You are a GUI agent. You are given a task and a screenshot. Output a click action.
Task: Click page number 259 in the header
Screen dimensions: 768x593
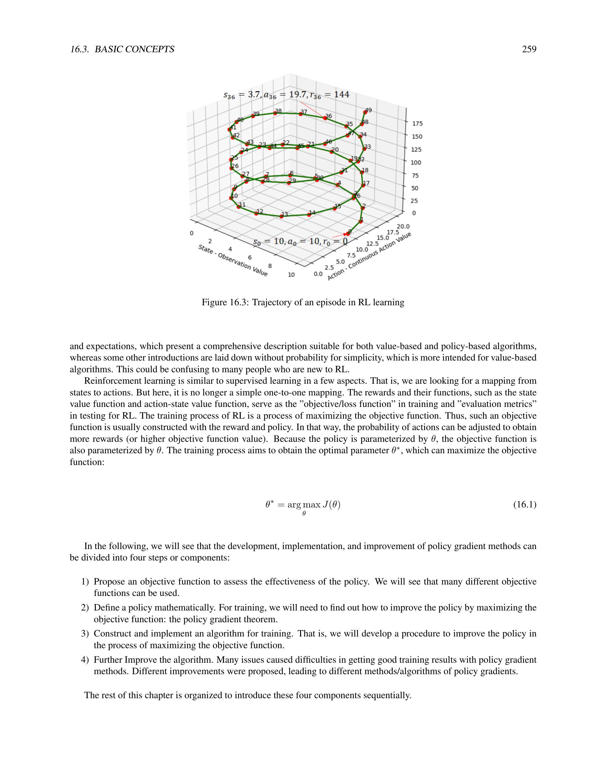click(x=529, y=49)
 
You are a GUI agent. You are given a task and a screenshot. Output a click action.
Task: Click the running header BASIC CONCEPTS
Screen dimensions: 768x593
click(x=134, y=49)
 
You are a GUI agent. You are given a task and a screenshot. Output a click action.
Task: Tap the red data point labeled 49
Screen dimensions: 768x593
click(x=365, y=113)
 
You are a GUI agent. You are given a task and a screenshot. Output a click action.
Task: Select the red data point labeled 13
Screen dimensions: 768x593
click(x=281, y=216)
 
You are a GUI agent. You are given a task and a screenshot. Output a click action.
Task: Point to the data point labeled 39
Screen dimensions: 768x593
click(x=253, y=116)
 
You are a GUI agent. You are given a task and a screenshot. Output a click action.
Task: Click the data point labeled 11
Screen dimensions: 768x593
click(x=239, y=207)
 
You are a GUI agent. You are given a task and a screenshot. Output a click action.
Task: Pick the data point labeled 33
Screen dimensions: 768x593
click(x=364, y=149)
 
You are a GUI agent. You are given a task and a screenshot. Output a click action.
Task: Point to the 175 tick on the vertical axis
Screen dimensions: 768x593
click(x=418, y=123)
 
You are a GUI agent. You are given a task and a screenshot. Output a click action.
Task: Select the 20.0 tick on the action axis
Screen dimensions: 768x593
click(x=403, y=226)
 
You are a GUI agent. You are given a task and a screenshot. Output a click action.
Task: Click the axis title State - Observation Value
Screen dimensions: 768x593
click(x=232, y=260)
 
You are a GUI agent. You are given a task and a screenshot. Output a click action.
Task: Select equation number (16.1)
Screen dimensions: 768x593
click(x=525, y=505)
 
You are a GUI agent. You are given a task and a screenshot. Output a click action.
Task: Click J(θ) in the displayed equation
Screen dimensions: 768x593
click(x=332, y=505)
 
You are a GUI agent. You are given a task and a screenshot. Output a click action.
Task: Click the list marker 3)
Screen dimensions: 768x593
click(x=85, y=634)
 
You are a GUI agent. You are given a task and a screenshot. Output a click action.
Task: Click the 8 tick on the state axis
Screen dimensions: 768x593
click(x=270, y=266)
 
